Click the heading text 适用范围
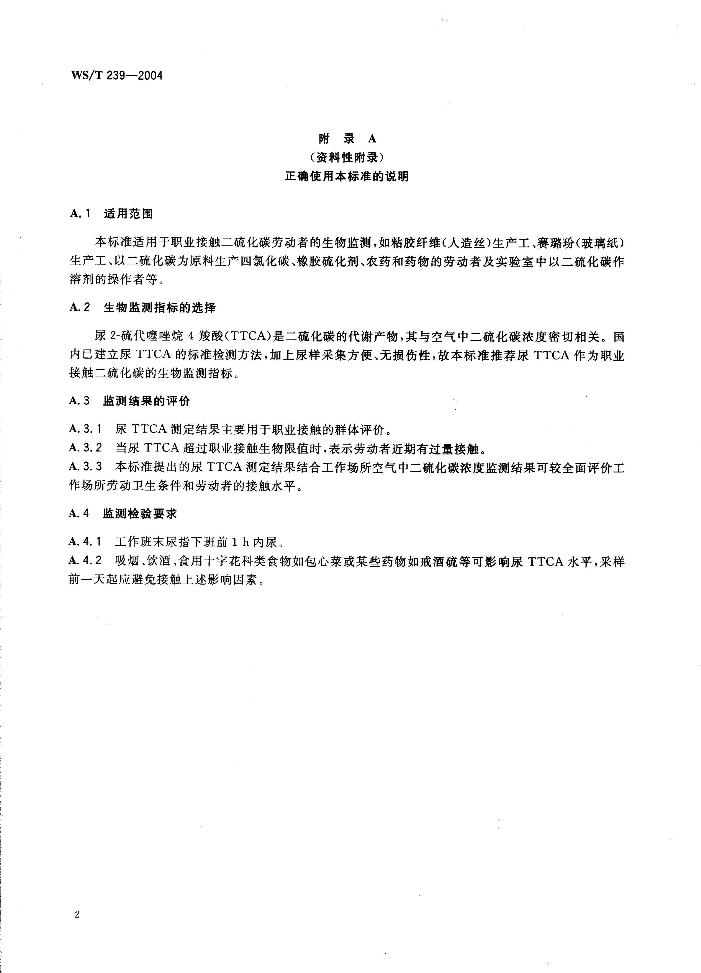128,214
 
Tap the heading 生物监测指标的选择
160,307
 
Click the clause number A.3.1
85,428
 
